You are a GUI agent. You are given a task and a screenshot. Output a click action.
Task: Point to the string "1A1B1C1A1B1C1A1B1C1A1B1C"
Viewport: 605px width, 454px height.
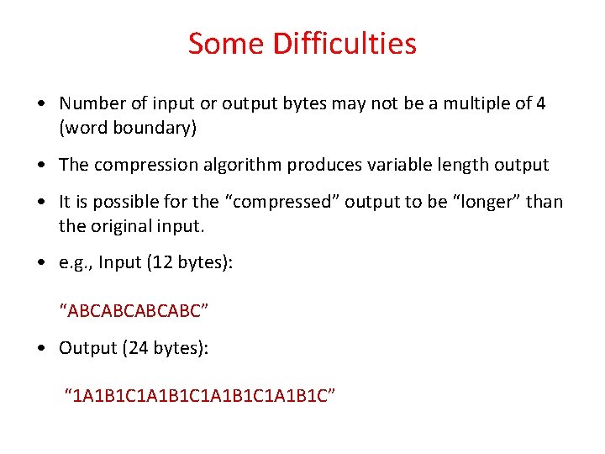pyautogui.click(x=201, y=396)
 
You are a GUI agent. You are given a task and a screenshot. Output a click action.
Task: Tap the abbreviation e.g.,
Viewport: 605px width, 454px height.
pyautogui.click(x=76, y=263)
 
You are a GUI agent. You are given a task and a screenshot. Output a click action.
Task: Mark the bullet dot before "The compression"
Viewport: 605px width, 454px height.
pyautogui.click(x=41, y=166)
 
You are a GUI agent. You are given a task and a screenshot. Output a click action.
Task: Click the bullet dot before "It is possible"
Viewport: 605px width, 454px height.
pyautogui.click(x=41, y=203)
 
